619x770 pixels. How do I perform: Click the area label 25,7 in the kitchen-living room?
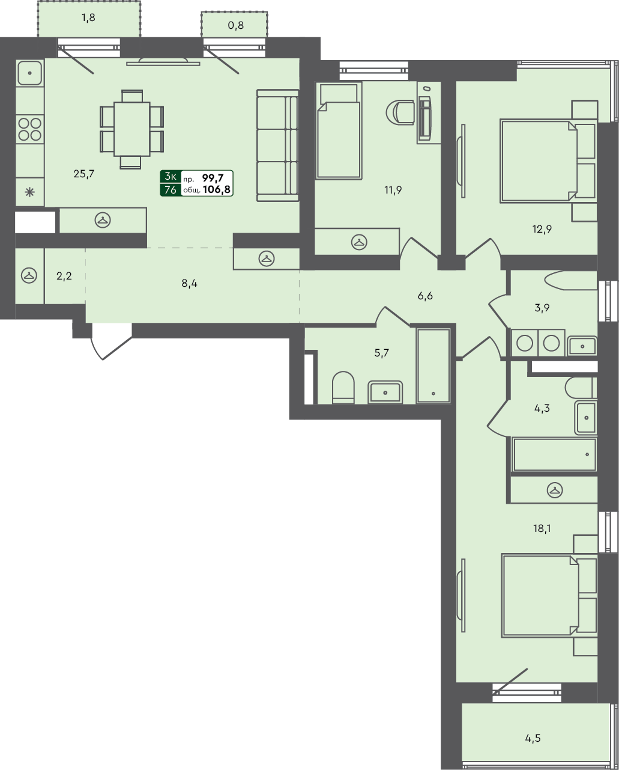83,174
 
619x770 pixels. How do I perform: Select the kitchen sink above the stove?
29,73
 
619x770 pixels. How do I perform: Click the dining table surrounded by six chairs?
131,129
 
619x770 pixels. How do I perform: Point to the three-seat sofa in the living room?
277,145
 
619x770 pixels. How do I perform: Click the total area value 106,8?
217,189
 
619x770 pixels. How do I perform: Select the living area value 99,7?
213,177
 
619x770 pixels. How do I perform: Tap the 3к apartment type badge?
170,177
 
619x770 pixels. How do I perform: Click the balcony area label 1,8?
88,17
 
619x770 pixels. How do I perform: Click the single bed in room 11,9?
339,131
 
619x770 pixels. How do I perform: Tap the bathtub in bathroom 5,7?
433,365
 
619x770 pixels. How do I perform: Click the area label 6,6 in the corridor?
425,296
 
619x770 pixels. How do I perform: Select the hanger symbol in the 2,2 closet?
29,275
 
